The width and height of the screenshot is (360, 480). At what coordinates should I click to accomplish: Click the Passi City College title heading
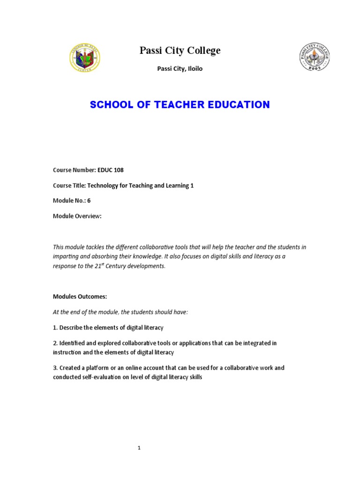180,51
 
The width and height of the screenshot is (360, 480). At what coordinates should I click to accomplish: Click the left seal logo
84,58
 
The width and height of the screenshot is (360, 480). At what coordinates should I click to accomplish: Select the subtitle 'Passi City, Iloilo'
180,69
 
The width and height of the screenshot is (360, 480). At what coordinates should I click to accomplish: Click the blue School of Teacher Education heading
180,105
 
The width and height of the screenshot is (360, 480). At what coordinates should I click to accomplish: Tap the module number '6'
89,201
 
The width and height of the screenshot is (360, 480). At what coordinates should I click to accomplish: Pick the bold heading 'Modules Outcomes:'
80,297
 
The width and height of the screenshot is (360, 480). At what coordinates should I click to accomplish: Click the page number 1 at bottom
139,448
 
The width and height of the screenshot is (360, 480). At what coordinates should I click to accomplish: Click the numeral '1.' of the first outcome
55,328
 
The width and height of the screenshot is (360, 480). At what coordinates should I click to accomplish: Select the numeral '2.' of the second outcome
55,343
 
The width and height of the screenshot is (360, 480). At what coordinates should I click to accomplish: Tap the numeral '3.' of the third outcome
55,368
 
